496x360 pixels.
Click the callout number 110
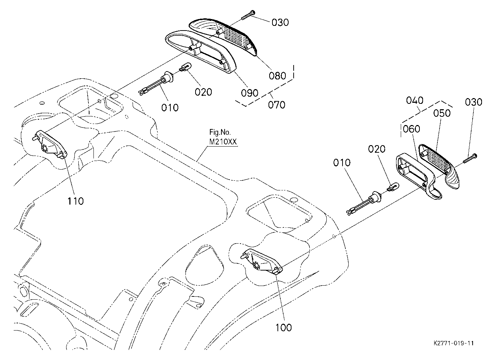75,201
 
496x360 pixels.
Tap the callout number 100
284,327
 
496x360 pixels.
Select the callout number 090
249,93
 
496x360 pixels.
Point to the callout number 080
277,76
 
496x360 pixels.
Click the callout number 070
276,105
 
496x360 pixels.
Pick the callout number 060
412,129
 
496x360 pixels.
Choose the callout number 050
442,113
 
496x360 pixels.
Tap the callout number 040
415,101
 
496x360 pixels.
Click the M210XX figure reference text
223,142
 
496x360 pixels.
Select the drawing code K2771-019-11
454,343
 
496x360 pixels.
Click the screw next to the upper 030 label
248,15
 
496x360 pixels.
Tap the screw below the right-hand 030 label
470,160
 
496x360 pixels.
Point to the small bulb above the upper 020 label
185,67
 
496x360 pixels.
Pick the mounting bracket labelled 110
50,144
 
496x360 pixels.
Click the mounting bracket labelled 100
261,262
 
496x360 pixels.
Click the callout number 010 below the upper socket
170,108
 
